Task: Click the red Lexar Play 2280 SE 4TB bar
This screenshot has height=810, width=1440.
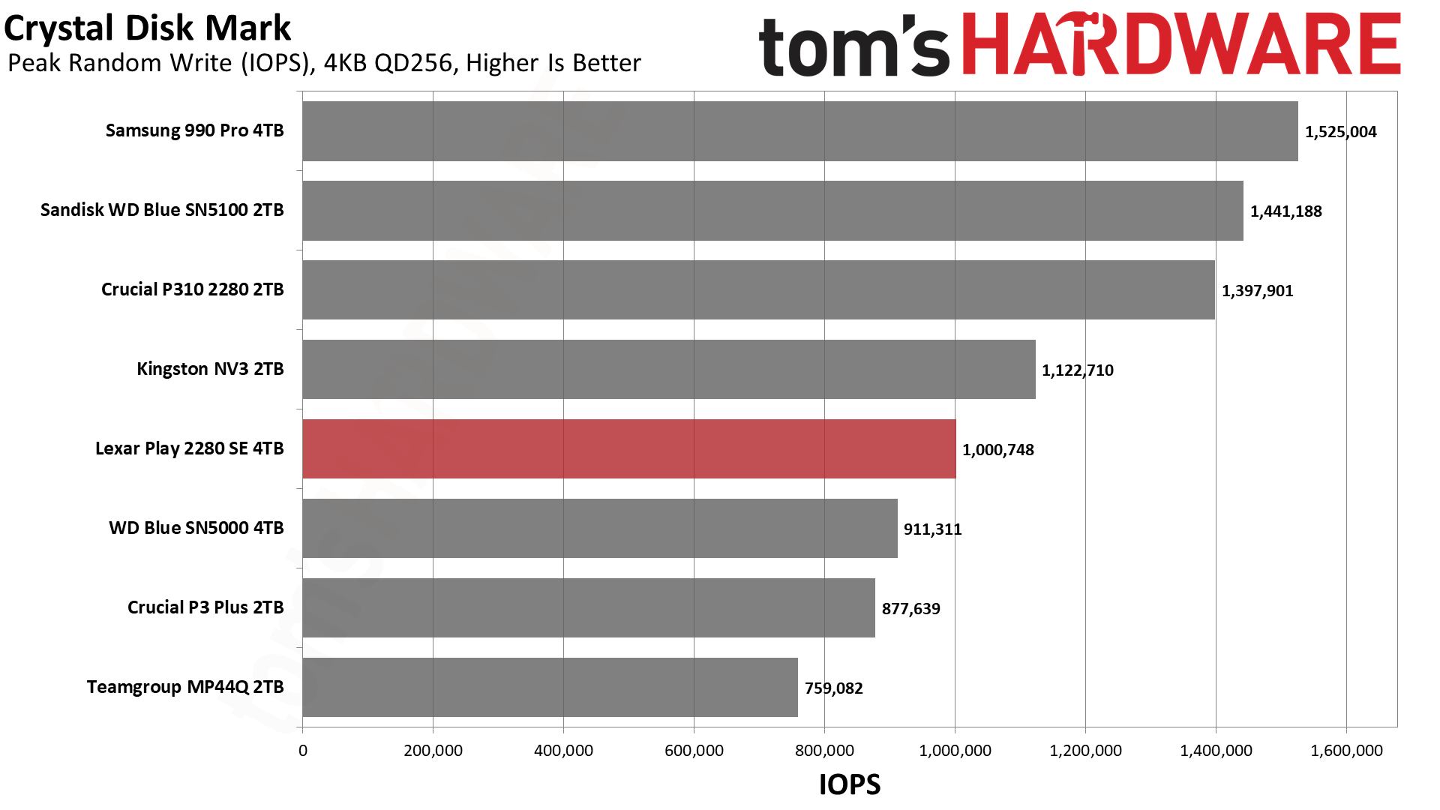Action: pos(628,448)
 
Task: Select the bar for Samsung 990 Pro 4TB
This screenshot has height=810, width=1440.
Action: pos(799,131)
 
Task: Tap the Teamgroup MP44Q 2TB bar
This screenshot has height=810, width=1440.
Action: pos(550,687)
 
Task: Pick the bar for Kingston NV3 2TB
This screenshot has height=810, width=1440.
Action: pos(668,369)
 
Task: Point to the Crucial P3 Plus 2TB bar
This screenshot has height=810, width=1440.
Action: pos(588,607)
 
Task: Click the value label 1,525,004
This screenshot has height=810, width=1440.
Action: pos(1340,132)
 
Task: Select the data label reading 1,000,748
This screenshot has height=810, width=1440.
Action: pos(997,450)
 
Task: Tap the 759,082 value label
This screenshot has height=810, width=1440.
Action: pos(833,688)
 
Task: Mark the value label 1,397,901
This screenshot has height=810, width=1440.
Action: pos(1257,291)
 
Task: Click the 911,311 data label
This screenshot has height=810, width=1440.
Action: pos(932,529)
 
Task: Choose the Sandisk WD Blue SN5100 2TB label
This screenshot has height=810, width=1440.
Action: pos(162,210)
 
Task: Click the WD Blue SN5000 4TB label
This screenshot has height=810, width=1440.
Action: pos(196,528)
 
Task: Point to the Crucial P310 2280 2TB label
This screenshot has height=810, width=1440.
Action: pos(192,289)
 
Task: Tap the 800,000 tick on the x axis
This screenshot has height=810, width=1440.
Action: pos(824,751)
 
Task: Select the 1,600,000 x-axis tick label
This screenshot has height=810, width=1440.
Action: pos(1346,751)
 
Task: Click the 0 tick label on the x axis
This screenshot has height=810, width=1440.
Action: pos(303,751)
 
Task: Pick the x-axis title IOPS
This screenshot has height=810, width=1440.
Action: pos(849,784)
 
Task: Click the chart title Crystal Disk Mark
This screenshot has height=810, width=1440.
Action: pos(147,28)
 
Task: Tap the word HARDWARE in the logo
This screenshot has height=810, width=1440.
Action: pos(1181,45)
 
